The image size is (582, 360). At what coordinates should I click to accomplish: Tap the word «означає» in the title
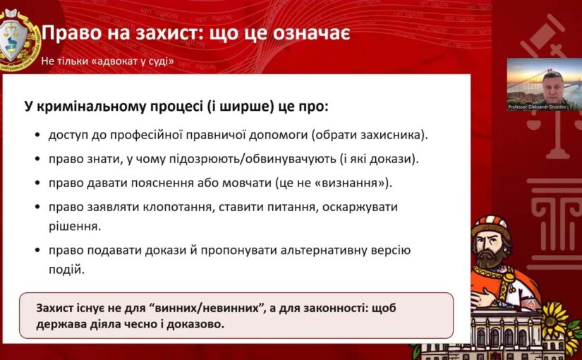pyautogui.click(x=311, y=32)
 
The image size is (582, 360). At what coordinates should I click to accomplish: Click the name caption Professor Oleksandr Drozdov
pyautogui.click(x=538, y=107)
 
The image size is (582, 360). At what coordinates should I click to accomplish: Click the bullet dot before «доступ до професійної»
pyautogui.click(x=37, y=135)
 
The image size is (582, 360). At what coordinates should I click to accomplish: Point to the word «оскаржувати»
pyautogui.click(x=360, y=207)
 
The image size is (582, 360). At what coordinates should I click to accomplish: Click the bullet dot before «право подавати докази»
pyautogui.click(x=37, y=251)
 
